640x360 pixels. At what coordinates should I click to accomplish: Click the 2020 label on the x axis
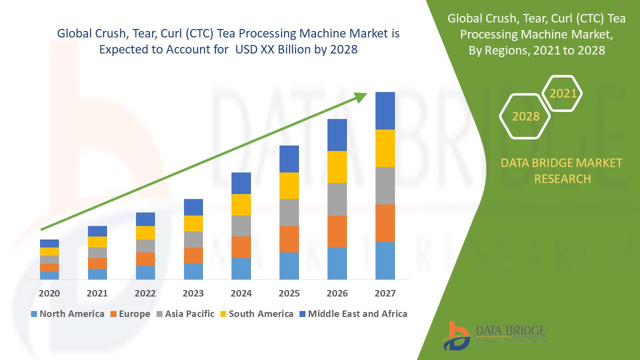[x=49, y=293]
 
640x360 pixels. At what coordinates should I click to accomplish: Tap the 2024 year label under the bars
[x=241, y=293]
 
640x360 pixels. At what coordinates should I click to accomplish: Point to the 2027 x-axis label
[x=385, y=293]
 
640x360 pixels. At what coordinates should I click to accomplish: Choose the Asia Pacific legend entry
[x=186, y=314]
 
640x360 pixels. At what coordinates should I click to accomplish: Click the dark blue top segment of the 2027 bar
[x=385, y=110]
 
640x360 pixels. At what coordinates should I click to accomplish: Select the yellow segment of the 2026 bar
[x=337, y=167]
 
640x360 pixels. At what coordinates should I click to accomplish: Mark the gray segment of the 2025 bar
[x=289, y=212]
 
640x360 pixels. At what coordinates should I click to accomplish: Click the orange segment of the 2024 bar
[x=241, y=247]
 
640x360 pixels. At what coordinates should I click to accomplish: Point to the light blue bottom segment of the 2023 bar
[x=193, y=271]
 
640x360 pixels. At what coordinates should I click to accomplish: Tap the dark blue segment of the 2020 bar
[x=49, y=243]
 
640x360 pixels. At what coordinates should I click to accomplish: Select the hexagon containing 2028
[x=525, y=116]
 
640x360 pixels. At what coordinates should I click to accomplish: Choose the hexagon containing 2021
[x=562, y=93]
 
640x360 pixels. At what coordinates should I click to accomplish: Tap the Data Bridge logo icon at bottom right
[x=456, y=335]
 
